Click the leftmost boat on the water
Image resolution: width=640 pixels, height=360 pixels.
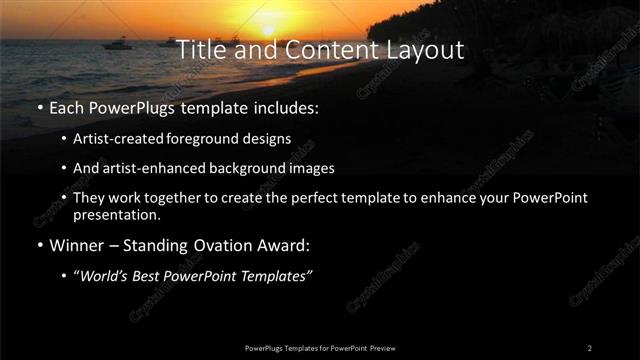tap(117, 43)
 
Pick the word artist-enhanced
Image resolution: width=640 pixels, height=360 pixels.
tap(145, 168)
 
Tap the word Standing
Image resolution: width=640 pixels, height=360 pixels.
tap(164, 245)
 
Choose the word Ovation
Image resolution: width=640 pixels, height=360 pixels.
tap(235, 245)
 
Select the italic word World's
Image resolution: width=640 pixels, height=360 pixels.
tap(104, 275)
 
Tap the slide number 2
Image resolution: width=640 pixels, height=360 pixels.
tap(589, 347)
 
